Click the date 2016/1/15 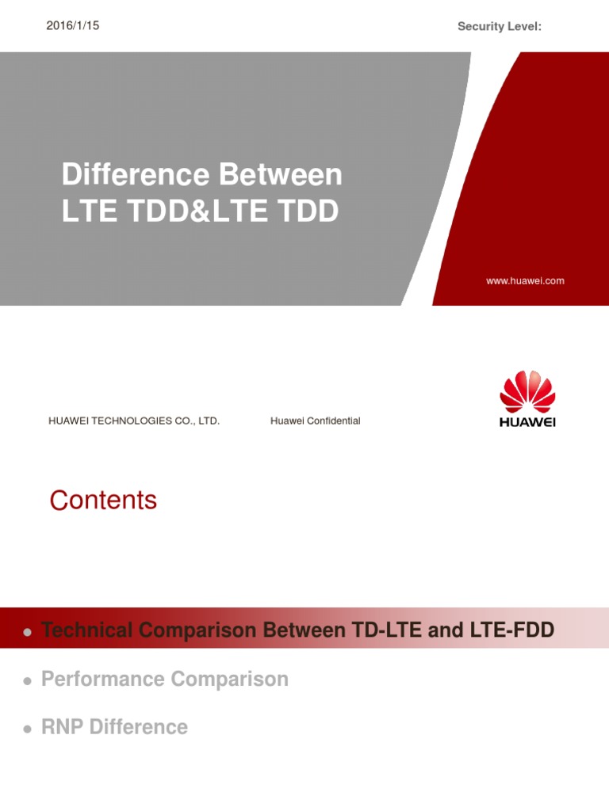tap(74, 26)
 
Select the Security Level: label tap(500, 27)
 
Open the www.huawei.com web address tap(525, 280)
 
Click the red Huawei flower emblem tap(527, 391)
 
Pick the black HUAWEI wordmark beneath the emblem tap(527, 422)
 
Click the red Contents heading tap(103, 501)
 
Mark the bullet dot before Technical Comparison tap(27, 632)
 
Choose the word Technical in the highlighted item tap(87, 630)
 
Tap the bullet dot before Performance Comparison tap(27, 680)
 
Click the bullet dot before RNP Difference tap(27, 728)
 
